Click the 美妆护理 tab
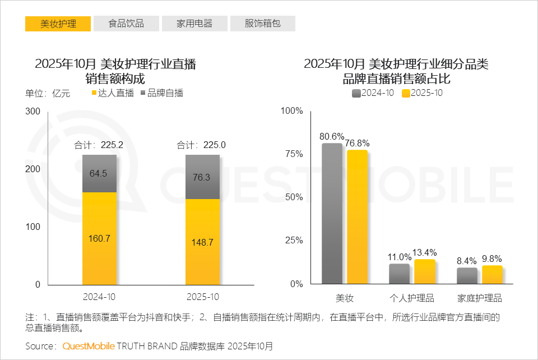click(58, 24)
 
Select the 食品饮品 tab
click(126, 24)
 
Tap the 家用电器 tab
click(194, 24)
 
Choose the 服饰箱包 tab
click(262, 24)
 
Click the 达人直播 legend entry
click(113, 93)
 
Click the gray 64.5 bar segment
click(99, 173)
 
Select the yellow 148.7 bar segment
click(202, 242)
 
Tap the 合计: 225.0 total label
click(202, 145)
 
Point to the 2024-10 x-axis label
click(99, 297)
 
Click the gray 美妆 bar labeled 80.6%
click(332, 214)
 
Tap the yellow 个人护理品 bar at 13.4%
click(424, 271)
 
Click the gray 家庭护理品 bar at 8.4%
click(467, 275)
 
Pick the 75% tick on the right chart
click(292, 154)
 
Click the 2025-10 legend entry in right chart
click(422, 93)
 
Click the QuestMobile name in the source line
click(89, 346)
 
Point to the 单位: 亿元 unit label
click(48, 94)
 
